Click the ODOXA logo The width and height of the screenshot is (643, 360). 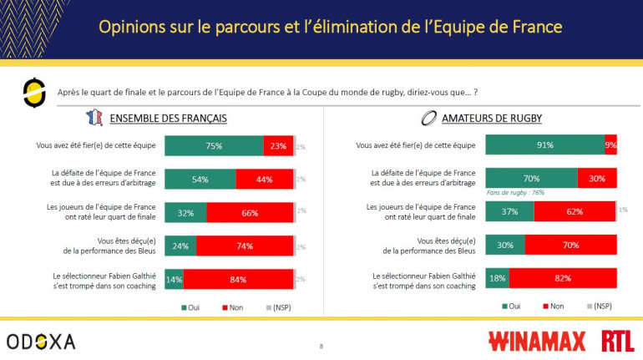pos(41,341)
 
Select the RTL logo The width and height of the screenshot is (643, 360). pos(618,341)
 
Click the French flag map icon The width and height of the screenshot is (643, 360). pos(94,118)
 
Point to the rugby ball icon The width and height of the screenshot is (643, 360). pos(429,118)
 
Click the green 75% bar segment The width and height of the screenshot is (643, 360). pos(214,145)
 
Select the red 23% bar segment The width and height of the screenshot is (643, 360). pos(277,145)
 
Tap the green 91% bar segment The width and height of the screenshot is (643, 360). pos(544,145)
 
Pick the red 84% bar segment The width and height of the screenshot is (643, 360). pos(238,278)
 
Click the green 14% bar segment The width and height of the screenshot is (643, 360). pos(174,278)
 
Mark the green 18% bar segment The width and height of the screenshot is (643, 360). pos(497,278)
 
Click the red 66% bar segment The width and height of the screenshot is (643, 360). pos(250,212)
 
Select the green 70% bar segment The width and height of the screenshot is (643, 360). pos(531,178)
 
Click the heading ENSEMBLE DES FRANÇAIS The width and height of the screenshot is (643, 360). pos(168,118)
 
